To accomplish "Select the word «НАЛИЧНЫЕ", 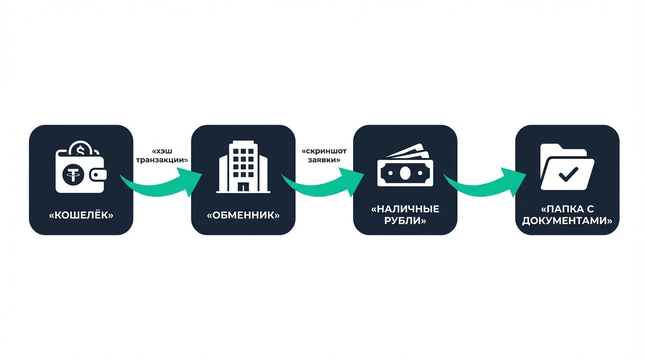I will [405, 209].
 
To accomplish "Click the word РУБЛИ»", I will [405, 220].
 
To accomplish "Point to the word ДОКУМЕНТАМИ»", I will [567, 220].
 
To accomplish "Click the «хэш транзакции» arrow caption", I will [162, 156].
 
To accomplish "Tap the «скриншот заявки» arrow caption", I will [324, 156].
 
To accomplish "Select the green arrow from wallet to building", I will [162, 183].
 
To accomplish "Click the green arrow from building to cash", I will [323, 183].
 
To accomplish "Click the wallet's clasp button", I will [98, 175].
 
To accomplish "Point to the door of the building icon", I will [243, 187].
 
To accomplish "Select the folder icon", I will [567, 167].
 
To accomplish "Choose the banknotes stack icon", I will [405, 166].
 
